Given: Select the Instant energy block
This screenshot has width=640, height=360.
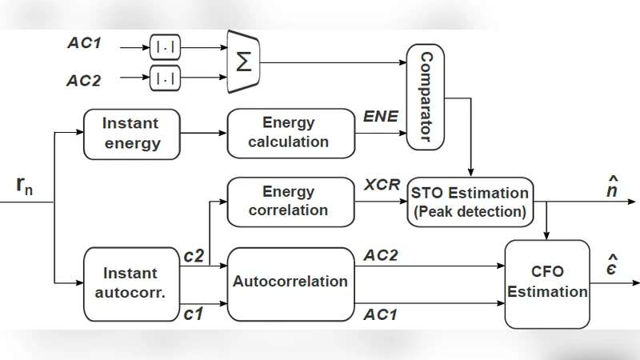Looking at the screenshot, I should tap(130, 134).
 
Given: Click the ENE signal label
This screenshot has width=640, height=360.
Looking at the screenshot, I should tap(382, 117).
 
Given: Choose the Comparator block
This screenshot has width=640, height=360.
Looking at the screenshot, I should tap(426, 97).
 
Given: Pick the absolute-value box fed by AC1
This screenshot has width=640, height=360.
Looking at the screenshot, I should tap(165, 48).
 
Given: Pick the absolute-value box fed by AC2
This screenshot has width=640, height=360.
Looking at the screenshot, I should tap(165, 78).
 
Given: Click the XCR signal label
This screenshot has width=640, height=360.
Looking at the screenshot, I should tap(382, 185).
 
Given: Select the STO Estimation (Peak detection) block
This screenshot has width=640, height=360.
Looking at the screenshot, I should tap(470, 202).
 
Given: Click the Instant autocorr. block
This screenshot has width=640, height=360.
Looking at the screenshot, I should tap(130, 283).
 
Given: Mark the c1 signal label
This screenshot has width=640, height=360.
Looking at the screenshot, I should tap(194, 314).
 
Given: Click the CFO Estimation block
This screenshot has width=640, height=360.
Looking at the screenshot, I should tap(547, 283).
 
